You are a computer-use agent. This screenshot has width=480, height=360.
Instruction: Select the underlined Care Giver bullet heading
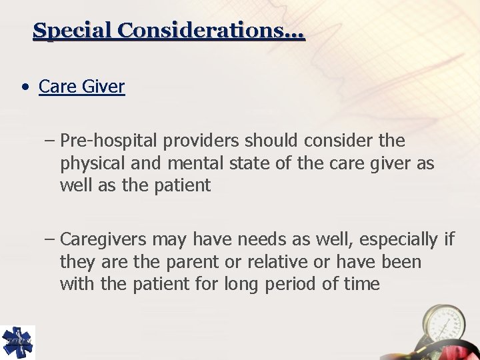(x=81, y=87)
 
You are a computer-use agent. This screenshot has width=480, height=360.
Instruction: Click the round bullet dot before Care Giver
(x=25, y=87)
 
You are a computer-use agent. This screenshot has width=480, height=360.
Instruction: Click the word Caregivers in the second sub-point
(x=105, y=239)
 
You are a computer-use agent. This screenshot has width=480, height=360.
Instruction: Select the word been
(x=401, y=261)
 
